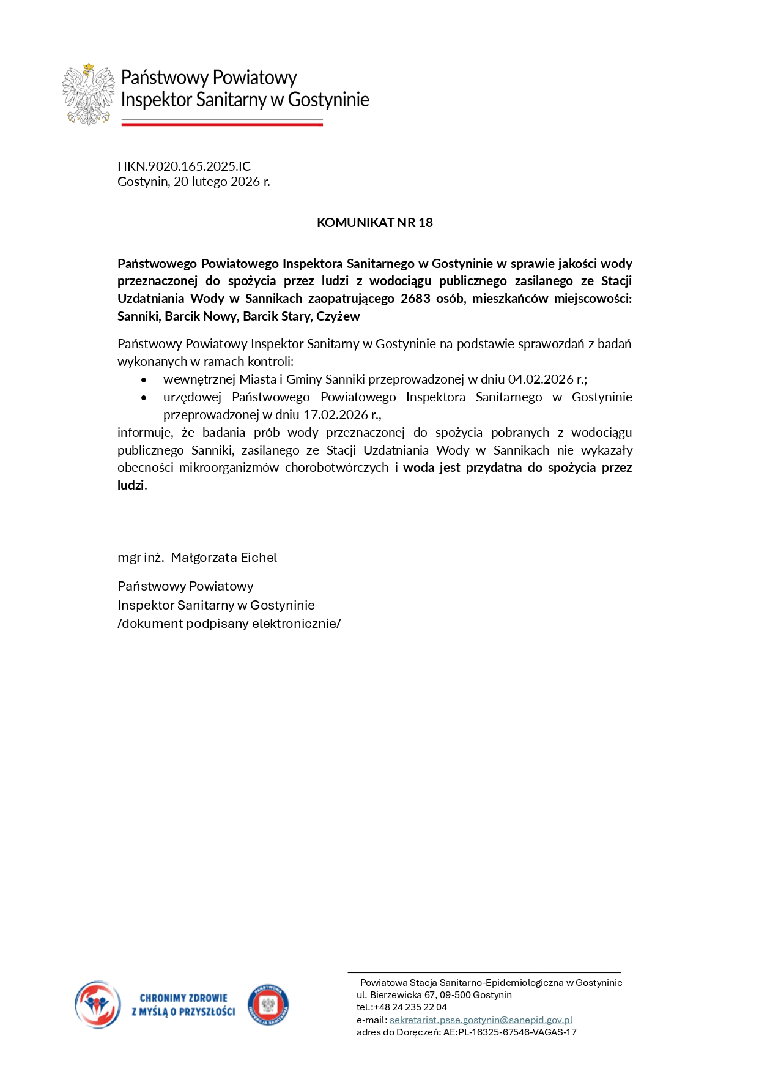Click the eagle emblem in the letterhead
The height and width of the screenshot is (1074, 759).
tap(89, 94)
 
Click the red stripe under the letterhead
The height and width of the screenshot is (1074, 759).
tap(222, 124)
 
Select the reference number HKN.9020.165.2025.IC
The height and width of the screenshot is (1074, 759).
tap(184, 166)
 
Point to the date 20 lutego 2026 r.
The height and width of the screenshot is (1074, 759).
tap(221, 182)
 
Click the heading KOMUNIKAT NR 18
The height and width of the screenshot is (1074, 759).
tap(374, 223)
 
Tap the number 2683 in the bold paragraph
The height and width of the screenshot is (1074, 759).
tap(415, 299)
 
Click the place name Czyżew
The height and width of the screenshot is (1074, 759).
tap(338, 316)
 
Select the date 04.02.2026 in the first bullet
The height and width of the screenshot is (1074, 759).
tap(541, 379)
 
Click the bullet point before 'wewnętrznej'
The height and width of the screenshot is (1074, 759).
tap(144, 380)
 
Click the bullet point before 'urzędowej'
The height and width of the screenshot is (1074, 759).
tap(144, 398)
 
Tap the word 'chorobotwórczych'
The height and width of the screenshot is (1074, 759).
tap(336, 468)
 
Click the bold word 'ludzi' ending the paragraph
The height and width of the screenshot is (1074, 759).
tap(131, 485)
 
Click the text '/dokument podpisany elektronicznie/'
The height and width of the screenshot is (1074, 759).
tap(229, 624)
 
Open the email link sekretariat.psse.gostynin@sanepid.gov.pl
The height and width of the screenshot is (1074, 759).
tap(481, 1020)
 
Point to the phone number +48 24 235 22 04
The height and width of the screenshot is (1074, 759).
tap(410, 1007)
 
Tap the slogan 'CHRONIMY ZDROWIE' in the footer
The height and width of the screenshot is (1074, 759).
tap(183, 998)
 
